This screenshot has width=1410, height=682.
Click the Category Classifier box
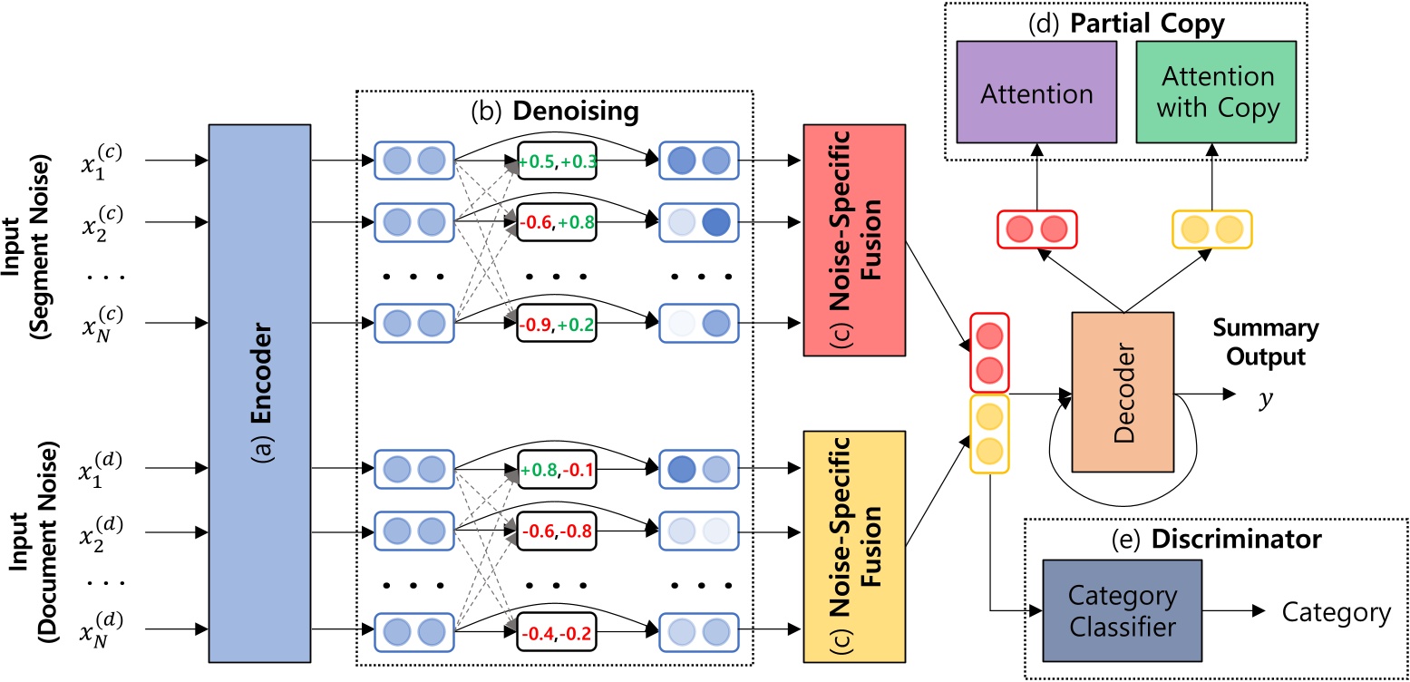(x=1122, y=613)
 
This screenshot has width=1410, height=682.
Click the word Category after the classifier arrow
(x=1336, y=614)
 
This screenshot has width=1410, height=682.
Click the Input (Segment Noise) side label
(x=26, y=237)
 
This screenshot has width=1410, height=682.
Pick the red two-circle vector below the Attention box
(x=1035, y=229)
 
